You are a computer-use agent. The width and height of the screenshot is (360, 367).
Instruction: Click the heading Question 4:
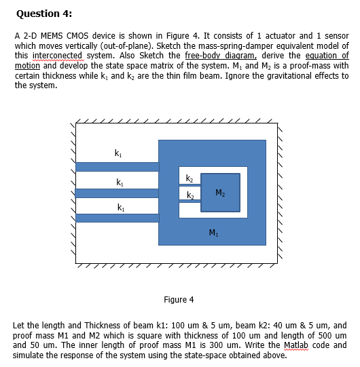click(x=43, y=13)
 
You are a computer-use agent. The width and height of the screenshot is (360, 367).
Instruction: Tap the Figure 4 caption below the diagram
click(x=179, y=299)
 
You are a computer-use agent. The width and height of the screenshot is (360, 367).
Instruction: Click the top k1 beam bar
click(x=116, y=167)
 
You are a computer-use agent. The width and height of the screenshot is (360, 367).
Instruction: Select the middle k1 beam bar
click(x=116, y=193)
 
